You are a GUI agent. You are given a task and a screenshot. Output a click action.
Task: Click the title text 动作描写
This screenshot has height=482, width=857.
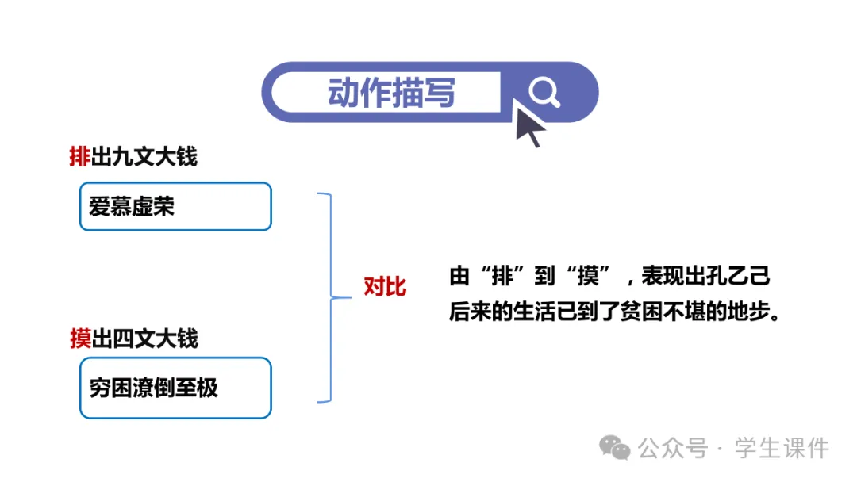391,94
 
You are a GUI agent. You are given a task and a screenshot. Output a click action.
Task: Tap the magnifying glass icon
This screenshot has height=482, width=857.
544,93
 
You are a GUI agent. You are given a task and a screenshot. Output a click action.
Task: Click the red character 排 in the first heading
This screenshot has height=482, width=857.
80,157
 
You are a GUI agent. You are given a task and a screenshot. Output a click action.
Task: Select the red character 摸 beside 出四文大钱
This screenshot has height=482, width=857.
80,339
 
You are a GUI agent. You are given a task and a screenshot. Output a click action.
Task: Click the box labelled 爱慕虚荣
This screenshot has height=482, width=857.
175,207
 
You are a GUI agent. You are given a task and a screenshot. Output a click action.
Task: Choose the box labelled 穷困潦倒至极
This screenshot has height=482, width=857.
175,388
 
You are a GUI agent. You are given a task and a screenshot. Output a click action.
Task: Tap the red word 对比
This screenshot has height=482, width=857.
385,287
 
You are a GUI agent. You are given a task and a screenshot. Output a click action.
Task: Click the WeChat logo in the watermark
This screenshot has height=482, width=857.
615,448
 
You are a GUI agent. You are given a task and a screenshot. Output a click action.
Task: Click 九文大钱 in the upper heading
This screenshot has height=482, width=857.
155,157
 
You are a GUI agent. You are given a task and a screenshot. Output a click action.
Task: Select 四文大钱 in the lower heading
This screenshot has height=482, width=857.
155,339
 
